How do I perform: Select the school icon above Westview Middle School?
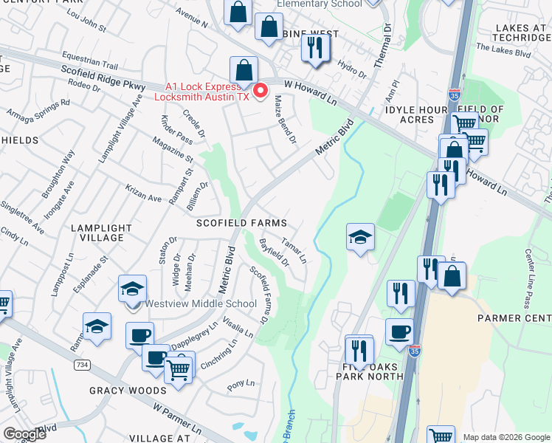click(132, 289)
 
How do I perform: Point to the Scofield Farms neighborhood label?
click(241, 222)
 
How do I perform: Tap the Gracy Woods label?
click(128, 390)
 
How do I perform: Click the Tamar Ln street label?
click(294, 248)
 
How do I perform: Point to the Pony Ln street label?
click(241, 384)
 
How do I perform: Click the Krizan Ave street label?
click(143, 193)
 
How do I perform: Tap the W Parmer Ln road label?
click(177, 417)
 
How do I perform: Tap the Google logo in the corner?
click(24, 433)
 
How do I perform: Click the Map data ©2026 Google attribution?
click(506, 437)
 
